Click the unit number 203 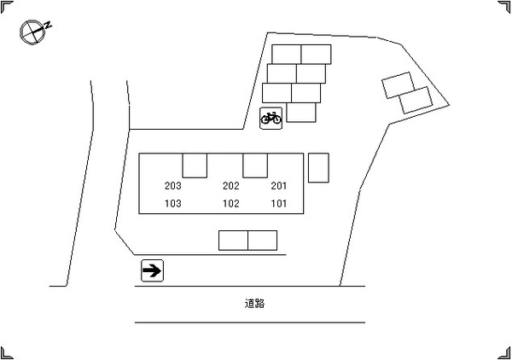coord(172,186)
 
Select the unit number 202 coord(231,186)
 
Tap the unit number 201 coord(279,186)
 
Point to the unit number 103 coord(172,203)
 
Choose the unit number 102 coord(231,203)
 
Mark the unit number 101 coord(279,203)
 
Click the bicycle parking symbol coord(271,118)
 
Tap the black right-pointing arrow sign coord(152,270)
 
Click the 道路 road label coord(254,304)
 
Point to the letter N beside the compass coord(49,25)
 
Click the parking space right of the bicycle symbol coord(301,113)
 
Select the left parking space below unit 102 coord(233,241)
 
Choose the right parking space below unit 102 coord(263,241)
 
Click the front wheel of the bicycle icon coord(276,119)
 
